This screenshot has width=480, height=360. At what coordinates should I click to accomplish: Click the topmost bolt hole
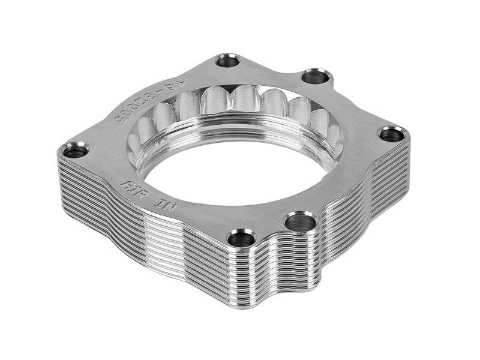coord(228,60)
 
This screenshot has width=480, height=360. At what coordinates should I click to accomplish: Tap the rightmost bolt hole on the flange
coord(391,134)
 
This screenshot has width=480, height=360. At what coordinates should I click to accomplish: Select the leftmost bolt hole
coord(76,150)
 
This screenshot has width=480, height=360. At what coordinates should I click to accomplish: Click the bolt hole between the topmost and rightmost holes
coord(316,77)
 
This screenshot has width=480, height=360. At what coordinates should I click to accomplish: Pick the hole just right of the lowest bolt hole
coord(300,223)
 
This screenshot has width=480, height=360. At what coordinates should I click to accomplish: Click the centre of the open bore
coord(240,171)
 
